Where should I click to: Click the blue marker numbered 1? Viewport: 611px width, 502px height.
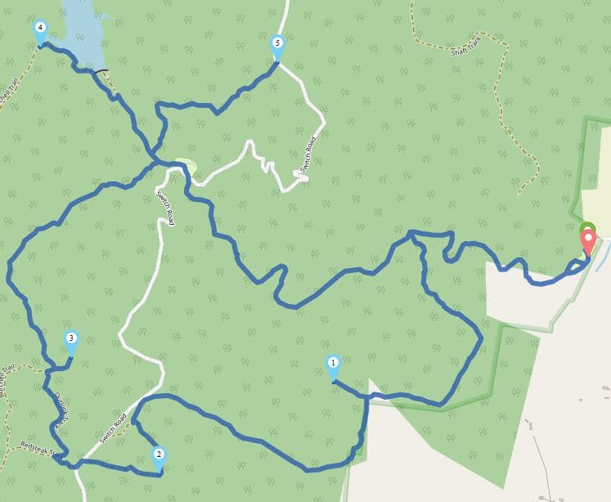coord(333,365)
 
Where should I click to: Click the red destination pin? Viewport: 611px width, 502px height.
coord(588,241)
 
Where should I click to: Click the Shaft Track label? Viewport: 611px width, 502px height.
coord(468,51)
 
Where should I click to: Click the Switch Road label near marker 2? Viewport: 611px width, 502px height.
coord(114,430)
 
